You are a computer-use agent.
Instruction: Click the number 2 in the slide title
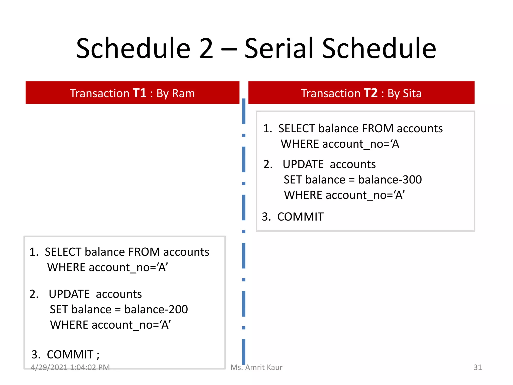pos(206,48)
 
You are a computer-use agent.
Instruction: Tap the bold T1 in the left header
pos(139,93)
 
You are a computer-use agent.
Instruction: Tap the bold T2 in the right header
pos(370,93)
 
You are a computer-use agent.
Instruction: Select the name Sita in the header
pos(412,93)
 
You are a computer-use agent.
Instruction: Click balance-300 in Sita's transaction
pos(390,180)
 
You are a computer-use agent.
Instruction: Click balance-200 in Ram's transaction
pos(156,309)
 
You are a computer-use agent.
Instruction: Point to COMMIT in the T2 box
pos(300,217)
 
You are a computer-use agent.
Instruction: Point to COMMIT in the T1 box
pos(70,355)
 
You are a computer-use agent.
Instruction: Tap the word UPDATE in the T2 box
pos(303,164)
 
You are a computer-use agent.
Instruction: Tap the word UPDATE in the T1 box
pos(69,294)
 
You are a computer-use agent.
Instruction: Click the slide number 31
pos(477,367)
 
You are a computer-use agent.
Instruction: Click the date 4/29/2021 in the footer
pos(49,367)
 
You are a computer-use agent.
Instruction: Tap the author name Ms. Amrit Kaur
pos(256,367)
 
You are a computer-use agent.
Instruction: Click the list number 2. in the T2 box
pos(268,164)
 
